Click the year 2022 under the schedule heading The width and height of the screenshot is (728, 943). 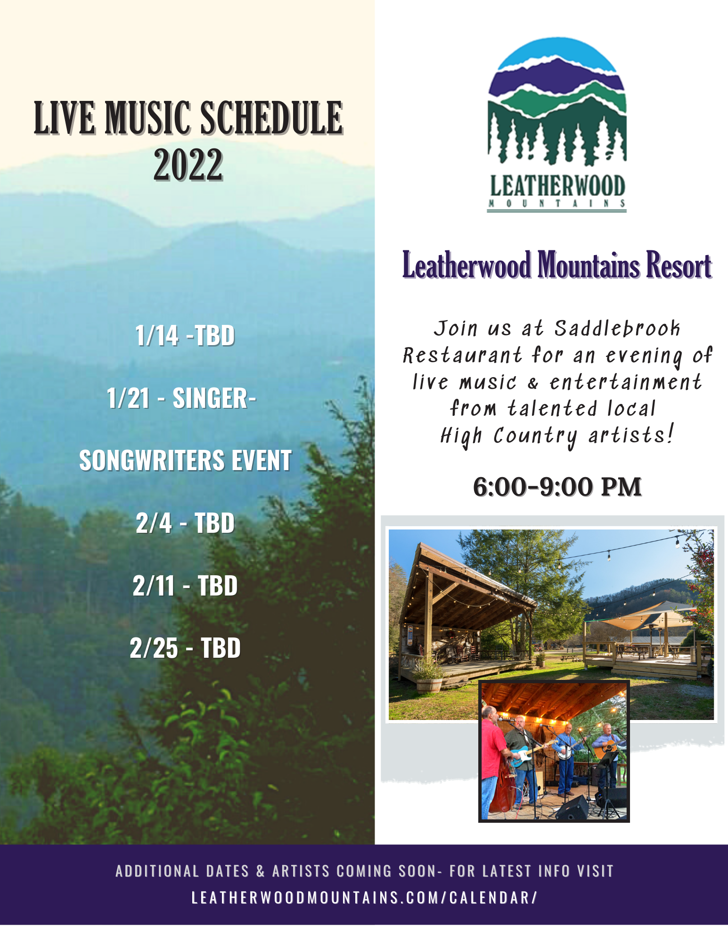coord(188,165)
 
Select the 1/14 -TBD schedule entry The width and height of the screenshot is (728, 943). coord(185,336)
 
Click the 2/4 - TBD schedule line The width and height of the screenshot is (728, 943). coord(185,523)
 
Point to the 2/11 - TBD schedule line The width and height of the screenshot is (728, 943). coord(185,586)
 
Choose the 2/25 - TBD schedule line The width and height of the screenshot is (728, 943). coord(185,648)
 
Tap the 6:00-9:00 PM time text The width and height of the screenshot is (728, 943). coord(557,487)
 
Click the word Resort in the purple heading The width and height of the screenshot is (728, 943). coord(679,265)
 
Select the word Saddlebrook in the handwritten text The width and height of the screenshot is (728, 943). coord(617,328)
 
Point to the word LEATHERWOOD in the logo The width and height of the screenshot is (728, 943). coord(557,186)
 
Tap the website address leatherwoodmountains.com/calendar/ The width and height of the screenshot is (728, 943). coord(364,897)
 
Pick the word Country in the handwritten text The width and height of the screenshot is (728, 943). coord(535,436)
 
